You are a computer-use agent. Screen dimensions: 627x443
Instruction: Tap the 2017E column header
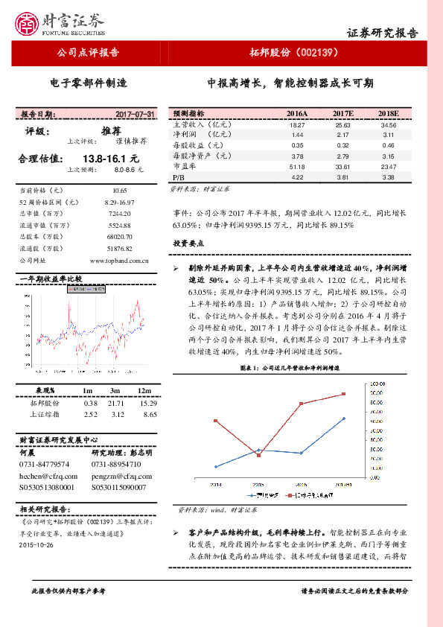pos(342,113)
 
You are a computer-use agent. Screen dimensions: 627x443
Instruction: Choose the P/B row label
pos(178,178)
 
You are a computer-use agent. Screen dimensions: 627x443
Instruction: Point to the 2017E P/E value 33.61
pos(342,167)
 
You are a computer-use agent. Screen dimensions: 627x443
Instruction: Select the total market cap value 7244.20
pos(119,213)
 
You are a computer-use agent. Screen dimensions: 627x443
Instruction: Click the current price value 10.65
pos(120,191)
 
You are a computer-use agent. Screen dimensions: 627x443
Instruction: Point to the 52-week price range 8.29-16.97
pos(119,202)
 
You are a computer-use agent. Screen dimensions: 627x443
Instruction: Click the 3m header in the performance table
pos(115,390)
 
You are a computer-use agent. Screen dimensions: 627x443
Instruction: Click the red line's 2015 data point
pos(258,455)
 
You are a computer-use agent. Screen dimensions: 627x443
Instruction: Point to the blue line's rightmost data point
pos(343,418)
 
